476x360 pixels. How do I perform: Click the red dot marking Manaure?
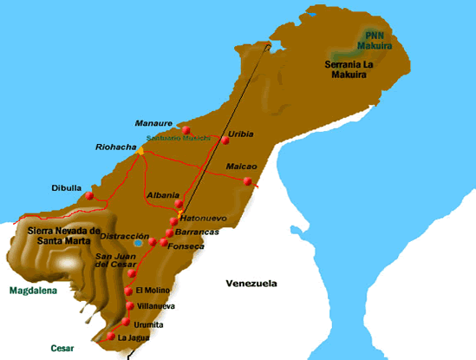(186, 130)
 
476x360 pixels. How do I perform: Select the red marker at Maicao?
(248, 181)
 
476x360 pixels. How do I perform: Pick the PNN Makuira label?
(375, 39)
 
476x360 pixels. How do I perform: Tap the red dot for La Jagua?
(110, 337)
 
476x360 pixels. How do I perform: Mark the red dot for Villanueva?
(129, 305)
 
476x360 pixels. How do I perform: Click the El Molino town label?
(152, 290)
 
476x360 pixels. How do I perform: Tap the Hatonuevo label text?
(209, 219)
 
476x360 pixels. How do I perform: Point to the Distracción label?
(126, 235)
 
